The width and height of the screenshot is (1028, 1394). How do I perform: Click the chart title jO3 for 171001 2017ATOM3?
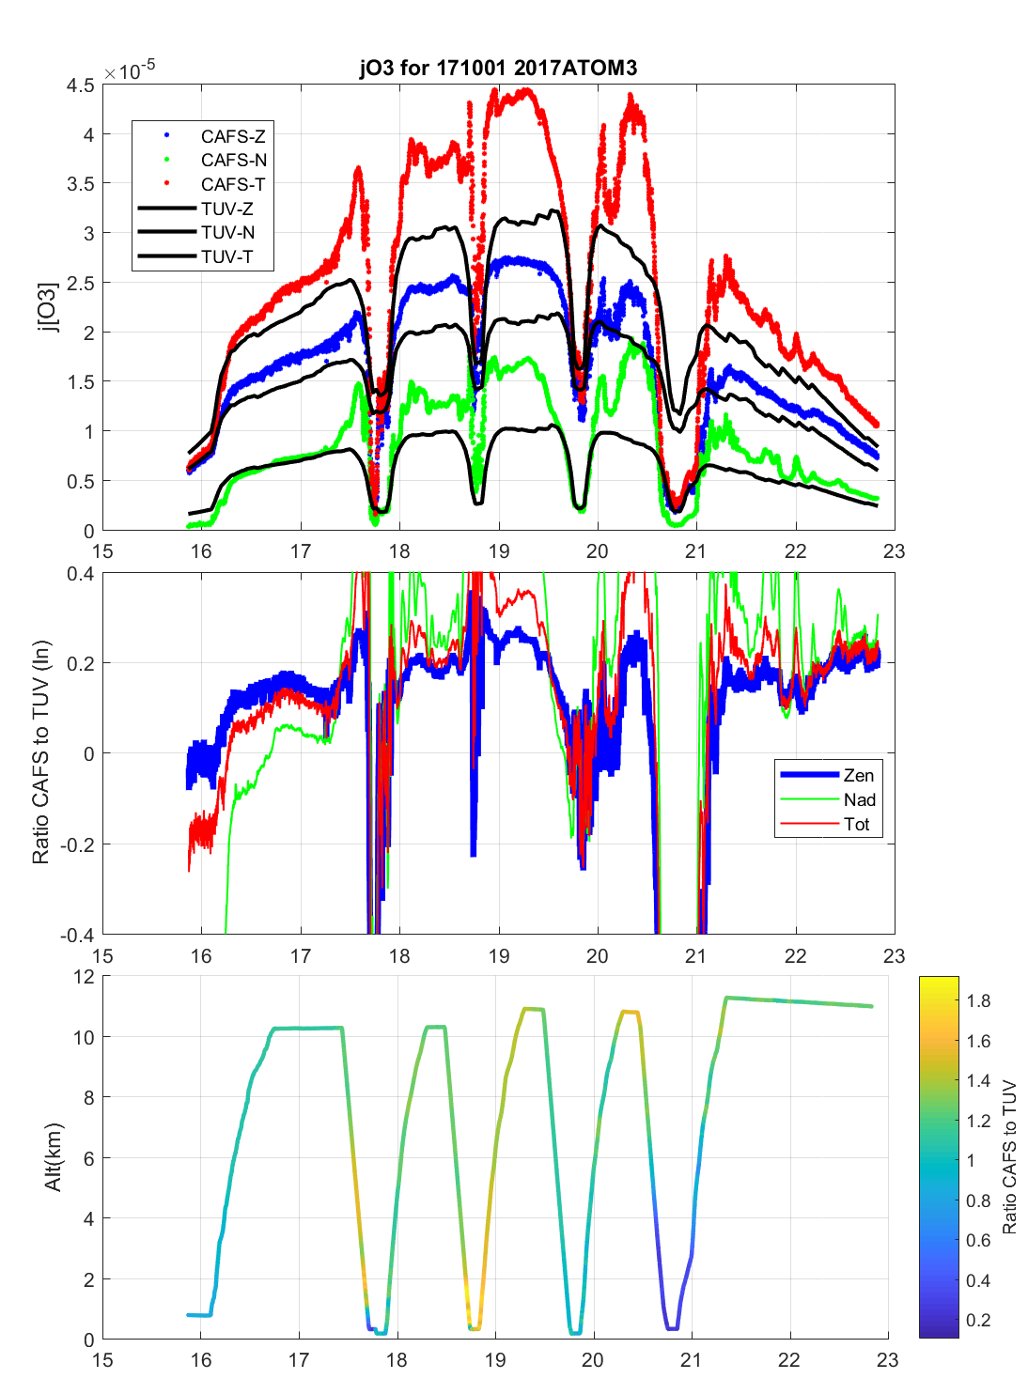498,68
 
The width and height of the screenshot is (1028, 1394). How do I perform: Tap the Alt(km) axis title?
54,1157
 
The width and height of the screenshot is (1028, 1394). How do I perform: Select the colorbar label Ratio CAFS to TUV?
1009,1157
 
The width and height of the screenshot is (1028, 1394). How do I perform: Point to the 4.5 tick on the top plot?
81,85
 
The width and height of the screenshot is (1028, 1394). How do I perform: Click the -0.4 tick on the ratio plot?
77,936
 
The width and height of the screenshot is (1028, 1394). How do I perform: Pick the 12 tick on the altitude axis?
85,977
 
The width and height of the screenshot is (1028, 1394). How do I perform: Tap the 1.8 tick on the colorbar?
978,1001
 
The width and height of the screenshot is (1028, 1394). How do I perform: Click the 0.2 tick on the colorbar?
978,1321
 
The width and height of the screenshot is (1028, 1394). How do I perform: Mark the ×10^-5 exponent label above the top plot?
130,71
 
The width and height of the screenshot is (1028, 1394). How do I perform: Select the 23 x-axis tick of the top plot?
894,551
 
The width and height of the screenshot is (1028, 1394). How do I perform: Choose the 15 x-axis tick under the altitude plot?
102,1360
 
